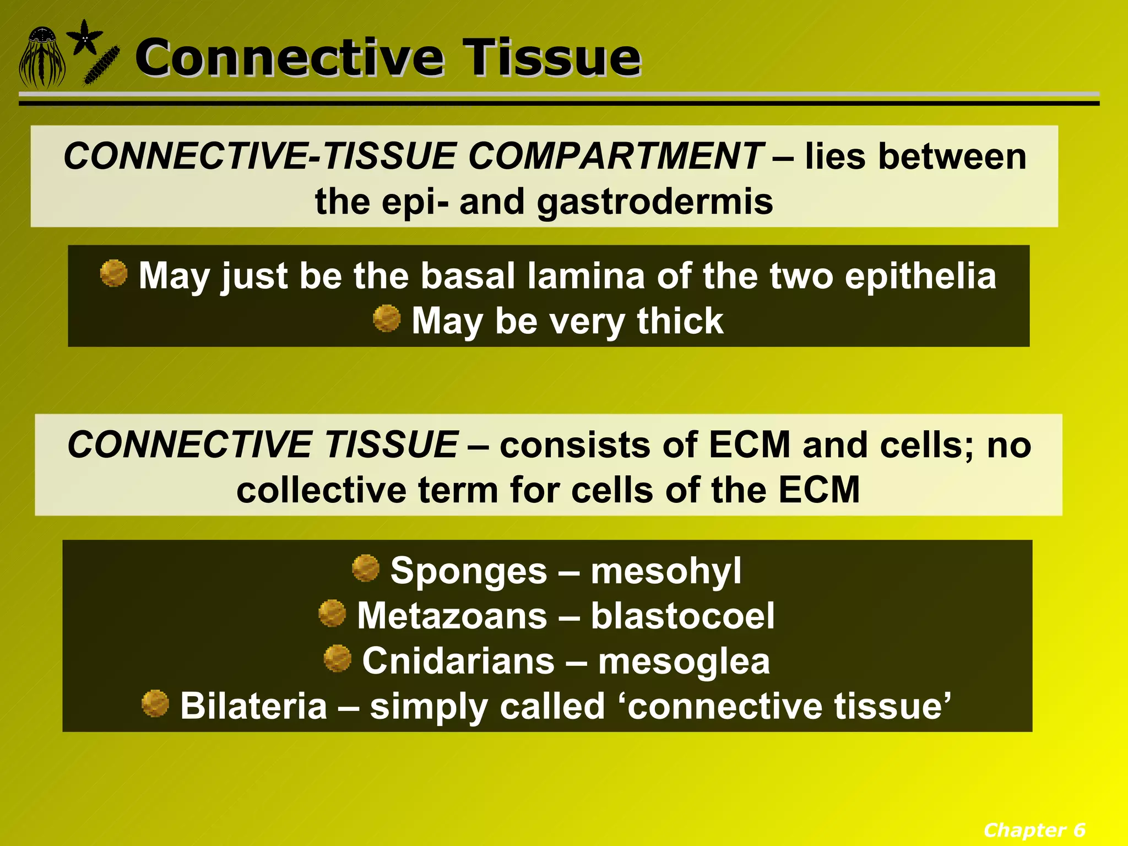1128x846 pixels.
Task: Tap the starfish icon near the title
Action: point(84,37)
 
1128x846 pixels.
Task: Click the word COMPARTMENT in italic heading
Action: point(615,156)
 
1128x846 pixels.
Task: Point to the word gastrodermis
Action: point(655,202)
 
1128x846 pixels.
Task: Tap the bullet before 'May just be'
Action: point(114,273)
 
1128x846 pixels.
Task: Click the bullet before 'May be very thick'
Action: point(387,318)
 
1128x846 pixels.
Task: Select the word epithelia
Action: point(920,275)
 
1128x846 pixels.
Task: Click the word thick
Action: point(680,321)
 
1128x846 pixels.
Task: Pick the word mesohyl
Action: point(666,571)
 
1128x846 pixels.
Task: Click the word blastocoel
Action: point(682,616)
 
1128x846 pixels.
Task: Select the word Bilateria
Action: point(253,706)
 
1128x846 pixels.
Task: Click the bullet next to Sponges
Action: point(366,568)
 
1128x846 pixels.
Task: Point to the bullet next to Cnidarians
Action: point(338,659)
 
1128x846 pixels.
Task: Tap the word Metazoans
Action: point(452,616)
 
